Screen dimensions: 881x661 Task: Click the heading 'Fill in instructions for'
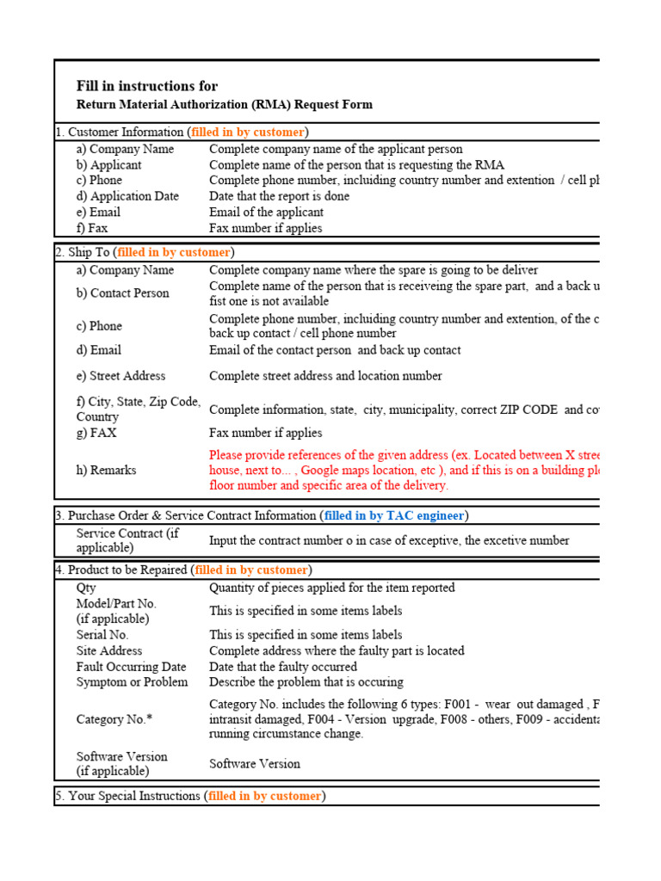[x=147, y=86]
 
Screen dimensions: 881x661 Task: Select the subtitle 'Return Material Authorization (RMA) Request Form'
[x=225, y=105]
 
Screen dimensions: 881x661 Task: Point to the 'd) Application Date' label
[x=127, y=196]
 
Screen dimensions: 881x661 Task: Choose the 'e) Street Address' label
[x=120, y=376]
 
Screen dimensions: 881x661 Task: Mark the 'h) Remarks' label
[x=106, y=471]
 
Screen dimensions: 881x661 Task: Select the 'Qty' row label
[x=86, y=588]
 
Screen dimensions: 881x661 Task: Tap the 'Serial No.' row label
[x=102, y=635]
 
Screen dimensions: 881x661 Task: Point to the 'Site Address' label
[x=109, y=651]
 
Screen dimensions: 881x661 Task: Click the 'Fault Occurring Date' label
[x=131, y=667]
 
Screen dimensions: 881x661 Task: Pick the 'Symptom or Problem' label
[x=132, y=682]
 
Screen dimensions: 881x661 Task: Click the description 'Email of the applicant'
[x=267, y=213]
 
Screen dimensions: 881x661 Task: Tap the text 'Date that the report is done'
[x=283, y=196]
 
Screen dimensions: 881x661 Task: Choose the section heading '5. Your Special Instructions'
[x=128, y=797]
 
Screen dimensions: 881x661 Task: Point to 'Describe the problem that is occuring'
[x=306, y=682]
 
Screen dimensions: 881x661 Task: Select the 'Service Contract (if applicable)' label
[x=127, y=540]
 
